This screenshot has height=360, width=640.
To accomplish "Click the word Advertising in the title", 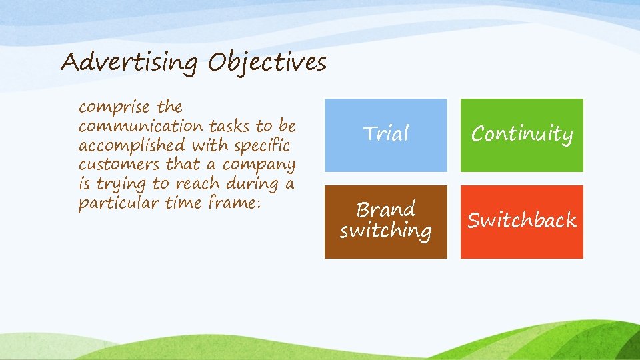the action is coord(129,63).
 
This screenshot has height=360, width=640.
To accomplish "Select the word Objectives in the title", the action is coord(267,63).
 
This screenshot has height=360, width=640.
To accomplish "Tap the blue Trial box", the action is coord(385,135).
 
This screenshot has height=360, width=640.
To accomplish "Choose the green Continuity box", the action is coord(521,135).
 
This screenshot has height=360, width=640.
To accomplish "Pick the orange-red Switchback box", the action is coord(521,221).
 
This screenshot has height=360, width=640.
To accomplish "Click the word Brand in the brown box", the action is coord(385,210).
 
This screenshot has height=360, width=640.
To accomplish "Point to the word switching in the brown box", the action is coord(385,231).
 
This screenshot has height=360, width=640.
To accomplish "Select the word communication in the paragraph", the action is coord(141,126).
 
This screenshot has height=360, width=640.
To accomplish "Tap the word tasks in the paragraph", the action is coord(231,126).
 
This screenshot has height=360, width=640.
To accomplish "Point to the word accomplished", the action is coord(132,145).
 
